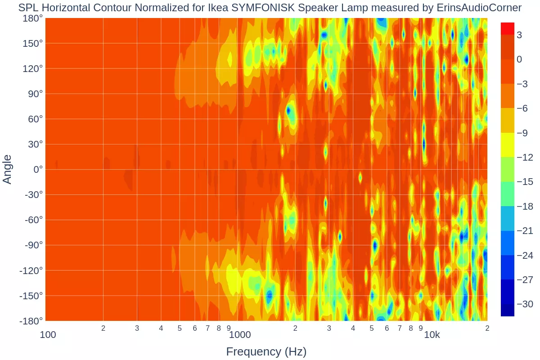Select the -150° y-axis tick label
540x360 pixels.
point(30,296)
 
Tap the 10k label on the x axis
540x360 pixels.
point(432,335)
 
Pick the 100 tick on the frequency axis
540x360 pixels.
point(48,335)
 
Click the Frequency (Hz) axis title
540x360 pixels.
point(266,351)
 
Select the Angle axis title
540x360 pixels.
point(7,169)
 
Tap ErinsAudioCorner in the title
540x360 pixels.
point(479,8)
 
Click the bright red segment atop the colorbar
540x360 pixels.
point(507,28)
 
